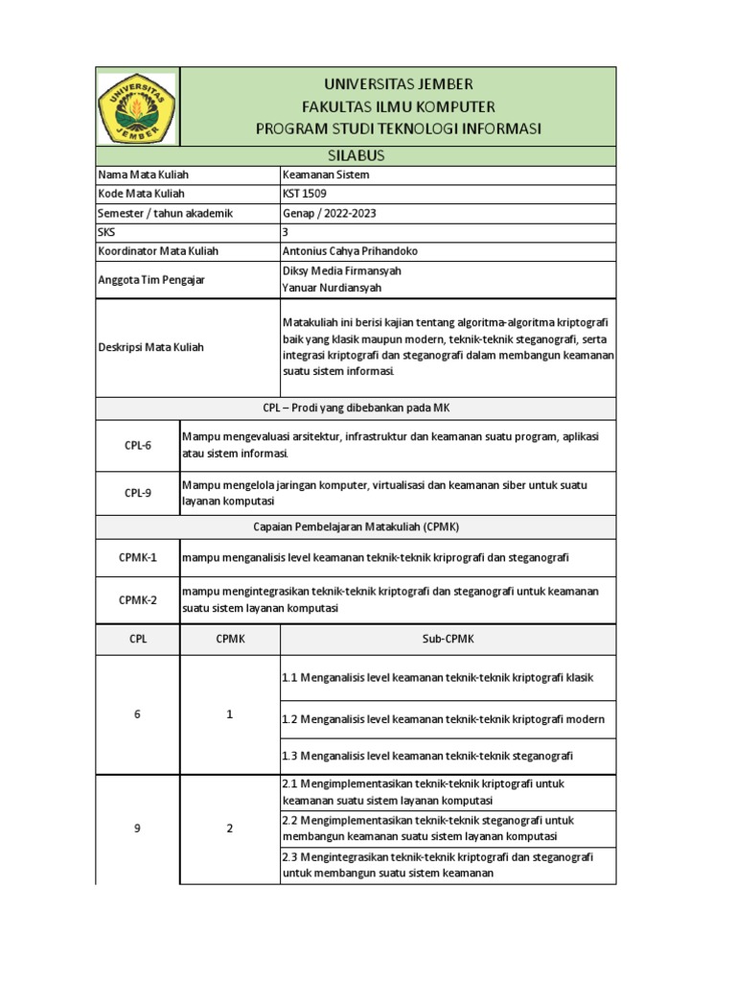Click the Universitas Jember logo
coord(138,107)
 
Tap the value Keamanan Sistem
coord(326,175)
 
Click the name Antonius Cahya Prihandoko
coord(350,251)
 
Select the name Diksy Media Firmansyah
coord(342,271)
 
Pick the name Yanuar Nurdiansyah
coord(333,288)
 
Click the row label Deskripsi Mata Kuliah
coord(150,347)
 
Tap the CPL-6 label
coord(138,445)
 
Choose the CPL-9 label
coord(138,493)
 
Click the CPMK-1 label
coord(138,557)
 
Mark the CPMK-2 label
coord(138,600)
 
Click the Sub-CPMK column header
coord(448,638)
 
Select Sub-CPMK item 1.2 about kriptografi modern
coord(443,718)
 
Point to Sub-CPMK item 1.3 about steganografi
coord(427,756)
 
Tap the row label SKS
coord(105,232)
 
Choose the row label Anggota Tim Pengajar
coord(151,280)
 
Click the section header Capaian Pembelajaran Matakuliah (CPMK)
coord(356,526)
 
